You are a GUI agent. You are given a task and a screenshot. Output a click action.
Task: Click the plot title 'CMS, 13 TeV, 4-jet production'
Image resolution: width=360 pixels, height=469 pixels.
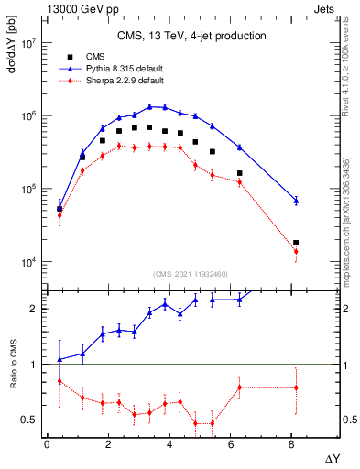pos(191,36)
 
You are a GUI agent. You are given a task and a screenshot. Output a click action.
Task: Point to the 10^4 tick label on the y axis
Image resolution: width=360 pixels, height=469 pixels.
pos(24,262)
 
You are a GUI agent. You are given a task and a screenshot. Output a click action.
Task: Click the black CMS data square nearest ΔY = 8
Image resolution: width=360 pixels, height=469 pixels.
pos(296,243)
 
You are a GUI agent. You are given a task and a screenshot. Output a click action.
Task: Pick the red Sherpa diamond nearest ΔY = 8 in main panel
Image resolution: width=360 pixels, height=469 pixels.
pos(296,251)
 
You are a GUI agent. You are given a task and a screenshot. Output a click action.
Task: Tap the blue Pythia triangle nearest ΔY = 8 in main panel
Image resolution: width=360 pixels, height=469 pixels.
pos(296,200)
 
